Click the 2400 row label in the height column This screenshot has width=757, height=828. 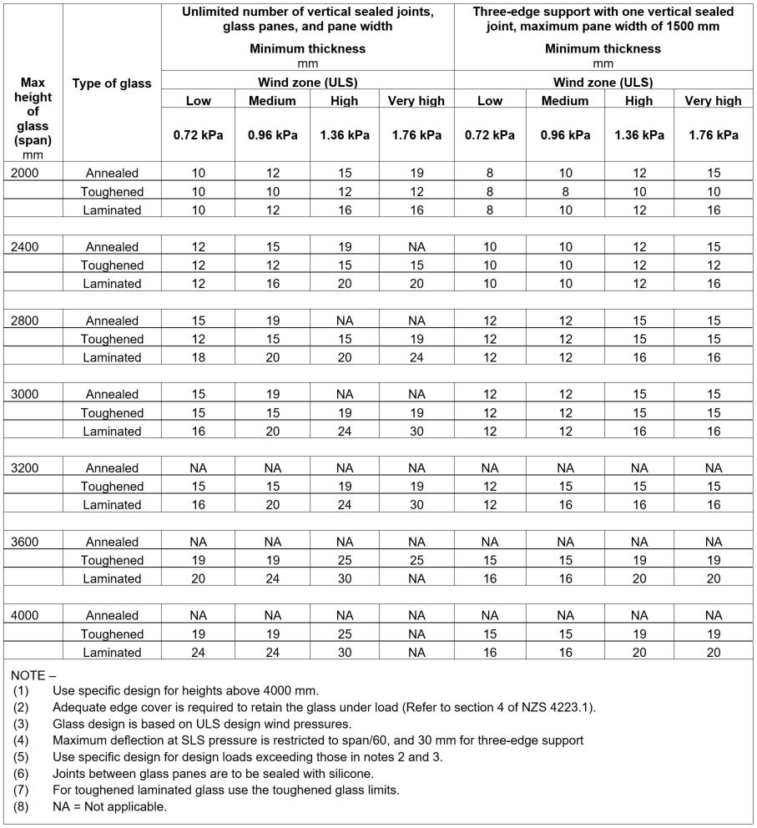(x=26, y=247)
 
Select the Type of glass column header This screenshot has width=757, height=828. (x=112, y=83)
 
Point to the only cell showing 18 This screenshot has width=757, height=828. (x=198, y=357)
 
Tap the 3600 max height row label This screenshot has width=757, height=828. (x=26, y=542)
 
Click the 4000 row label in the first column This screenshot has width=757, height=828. (x=26, y=615)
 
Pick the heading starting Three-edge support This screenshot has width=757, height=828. (x=603, y=19)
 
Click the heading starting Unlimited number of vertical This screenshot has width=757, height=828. (x=307, y=19)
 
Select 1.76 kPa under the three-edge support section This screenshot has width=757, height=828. (x=713, y=135)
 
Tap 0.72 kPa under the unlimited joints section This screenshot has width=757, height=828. (x=198, y=135)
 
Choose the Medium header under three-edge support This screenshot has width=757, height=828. (x=565, y=101)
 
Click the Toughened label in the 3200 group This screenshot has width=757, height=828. (x=112, y=487)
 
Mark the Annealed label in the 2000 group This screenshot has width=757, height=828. (x=112, y=173)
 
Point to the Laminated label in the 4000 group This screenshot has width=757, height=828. (x=112, y=652)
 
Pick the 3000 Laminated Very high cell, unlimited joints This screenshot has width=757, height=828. (x=416, y=431)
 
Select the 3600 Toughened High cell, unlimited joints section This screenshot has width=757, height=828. (x=344, y=560)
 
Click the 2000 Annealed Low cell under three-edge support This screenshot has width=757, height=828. (x=489, y=173)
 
